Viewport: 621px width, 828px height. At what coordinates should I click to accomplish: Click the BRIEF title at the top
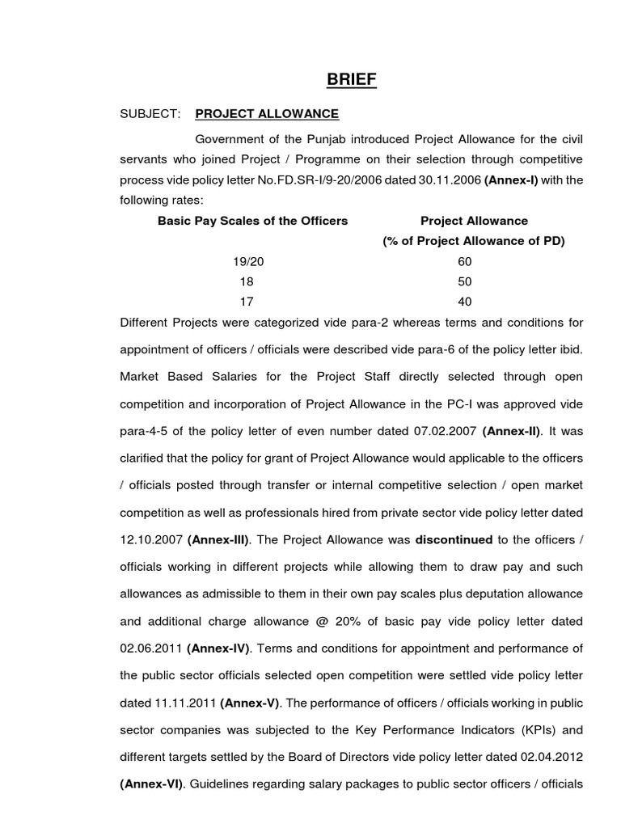pyautogui.click(x=351, y=79)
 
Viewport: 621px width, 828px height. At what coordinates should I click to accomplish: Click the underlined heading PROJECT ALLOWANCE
pyautogui.click(x=267, y=114)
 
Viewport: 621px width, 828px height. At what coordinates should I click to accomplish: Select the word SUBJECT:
pyautogui.click(x=150, y=114)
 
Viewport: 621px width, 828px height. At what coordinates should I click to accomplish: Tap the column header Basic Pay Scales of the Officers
pyautogui.click(x=253, y=221)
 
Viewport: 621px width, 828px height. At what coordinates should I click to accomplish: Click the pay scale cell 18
pyautogui.click(x=247, y=282)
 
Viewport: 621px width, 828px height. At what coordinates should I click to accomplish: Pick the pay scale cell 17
pyautogui.click(x=247, y=302)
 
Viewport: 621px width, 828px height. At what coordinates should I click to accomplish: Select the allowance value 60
pyautogui.click(x=464, y=262)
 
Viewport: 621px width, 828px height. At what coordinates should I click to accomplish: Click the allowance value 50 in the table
pyautogui.click(x=464, y=282)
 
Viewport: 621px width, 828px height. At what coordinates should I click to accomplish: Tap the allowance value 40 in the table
pyautogui.click(x=464, y=302)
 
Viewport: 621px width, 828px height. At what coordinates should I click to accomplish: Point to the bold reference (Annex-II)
pyautogui.click(x=513, y=431)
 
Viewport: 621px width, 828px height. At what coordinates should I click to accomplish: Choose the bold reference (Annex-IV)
pyautogui.click(x=219, y=648)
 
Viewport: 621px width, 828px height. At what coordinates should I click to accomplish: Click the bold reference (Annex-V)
pyautogui.click(x=250, y=702)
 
